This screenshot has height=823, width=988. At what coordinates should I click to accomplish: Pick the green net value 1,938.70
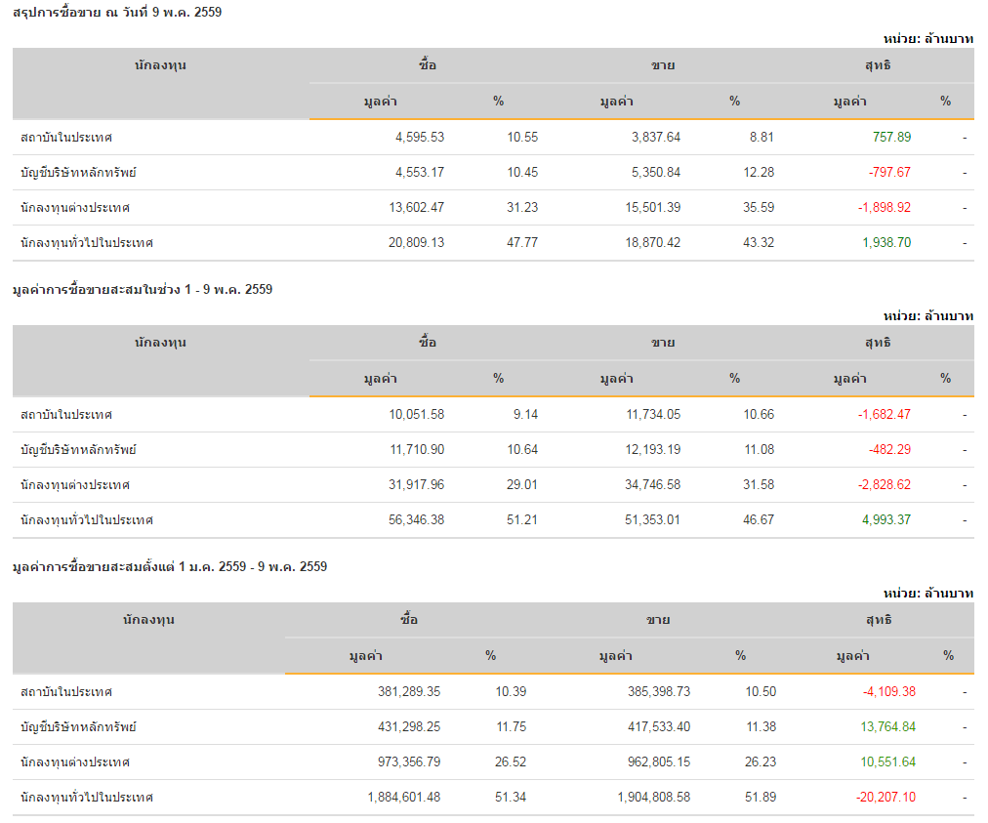886,243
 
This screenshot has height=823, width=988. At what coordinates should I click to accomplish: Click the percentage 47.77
522,243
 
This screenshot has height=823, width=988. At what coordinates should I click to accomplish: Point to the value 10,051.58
416,415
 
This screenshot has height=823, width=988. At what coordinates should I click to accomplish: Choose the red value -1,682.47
885,415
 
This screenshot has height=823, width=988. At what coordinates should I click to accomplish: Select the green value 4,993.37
886,520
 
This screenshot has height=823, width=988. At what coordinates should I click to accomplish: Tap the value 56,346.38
416,520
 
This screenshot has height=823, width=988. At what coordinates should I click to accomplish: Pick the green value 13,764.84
888,727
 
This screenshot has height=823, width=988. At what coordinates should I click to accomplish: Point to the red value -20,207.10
885,798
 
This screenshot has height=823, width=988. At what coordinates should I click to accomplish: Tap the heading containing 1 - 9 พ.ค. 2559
143,290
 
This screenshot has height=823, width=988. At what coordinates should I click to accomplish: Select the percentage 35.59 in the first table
759,208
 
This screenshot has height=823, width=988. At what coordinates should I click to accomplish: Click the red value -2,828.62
885,485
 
